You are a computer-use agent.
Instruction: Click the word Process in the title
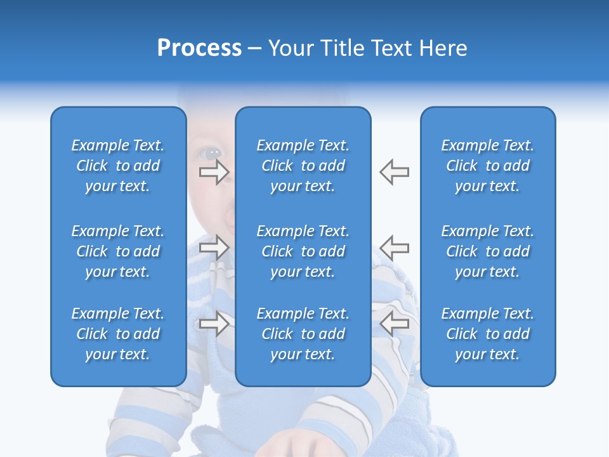(x=199, y=48)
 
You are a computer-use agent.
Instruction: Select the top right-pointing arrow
(x=214, y=172)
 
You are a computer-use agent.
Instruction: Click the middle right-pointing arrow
(x=214, y=248)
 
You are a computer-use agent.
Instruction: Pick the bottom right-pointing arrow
(x=214, y=323)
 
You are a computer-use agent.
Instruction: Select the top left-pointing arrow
(x=394, y=172)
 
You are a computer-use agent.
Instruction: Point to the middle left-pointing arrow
(x=394, y=248)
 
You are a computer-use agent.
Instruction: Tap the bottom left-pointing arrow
(x=394, y=323)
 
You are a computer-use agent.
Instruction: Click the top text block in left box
(x=118, y=166)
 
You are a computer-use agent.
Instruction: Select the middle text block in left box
(x=118, y=251)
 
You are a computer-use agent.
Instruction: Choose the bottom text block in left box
(x=118, y=334)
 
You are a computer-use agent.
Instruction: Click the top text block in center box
(x=303, y=166)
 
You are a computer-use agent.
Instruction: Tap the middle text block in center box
(x=303, y=251)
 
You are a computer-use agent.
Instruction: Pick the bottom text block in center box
(x=303, y=334)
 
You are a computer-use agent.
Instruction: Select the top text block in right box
(x=488, y=166)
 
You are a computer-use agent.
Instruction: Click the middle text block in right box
(x=488, y=251)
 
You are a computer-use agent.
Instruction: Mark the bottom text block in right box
(x=488, y=334)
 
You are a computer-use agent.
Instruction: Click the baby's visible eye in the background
(x=212, y=153)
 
